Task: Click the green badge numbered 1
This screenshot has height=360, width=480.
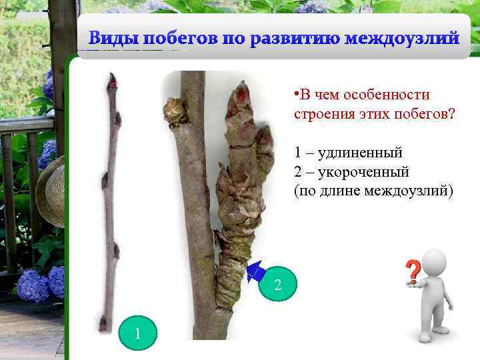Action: [137, 333]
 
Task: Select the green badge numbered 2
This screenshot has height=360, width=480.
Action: [278, 285]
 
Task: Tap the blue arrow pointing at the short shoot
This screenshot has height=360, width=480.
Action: [254, 271]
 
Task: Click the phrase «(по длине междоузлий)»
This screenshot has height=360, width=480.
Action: [373, 192]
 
